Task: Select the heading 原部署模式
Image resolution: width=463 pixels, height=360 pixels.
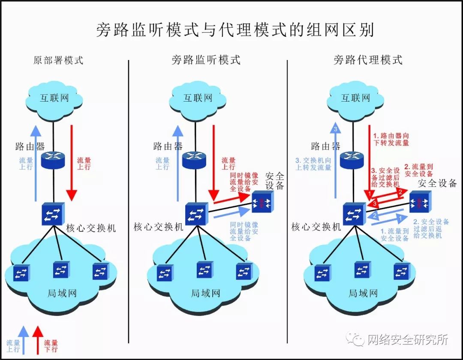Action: pyautogui.click(x=58, y=60)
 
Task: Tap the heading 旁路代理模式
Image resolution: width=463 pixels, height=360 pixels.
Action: pyautogui.click(x=368, y=60)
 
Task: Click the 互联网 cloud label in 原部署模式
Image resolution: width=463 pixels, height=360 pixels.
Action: pyautogui.click(x=54, y=98)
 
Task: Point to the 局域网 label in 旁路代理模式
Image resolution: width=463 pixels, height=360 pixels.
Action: pyautogui.click(x=363, y=294)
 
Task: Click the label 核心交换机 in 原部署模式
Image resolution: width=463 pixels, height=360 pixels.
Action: pyautogui.click(x=91, y=228)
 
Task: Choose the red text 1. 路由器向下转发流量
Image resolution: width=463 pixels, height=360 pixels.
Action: pyautogui.click(x=391, y=139)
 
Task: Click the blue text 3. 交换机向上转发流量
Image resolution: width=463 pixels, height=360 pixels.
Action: pyautogui.click(x=313, y=164)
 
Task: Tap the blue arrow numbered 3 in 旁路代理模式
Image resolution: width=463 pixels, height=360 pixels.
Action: pyautogui.click(x=337, y=159)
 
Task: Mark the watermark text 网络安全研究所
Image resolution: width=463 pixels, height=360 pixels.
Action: pyautogui.click(x=407, y=340)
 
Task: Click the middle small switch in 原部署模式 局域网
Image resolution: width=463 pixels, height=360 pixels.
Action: pyautogui.click(x=60, y=270)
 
